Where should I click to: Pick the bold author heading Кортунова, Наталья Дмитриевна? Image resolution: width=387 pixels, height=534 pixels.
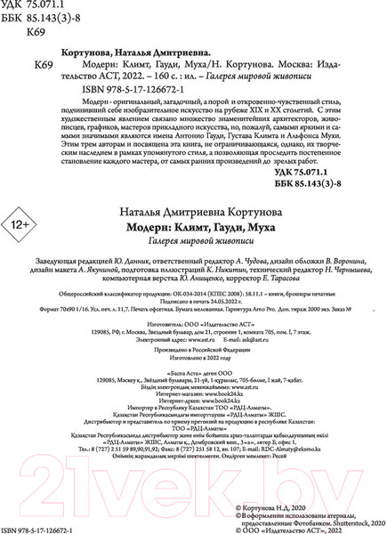tap(165, 54)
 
